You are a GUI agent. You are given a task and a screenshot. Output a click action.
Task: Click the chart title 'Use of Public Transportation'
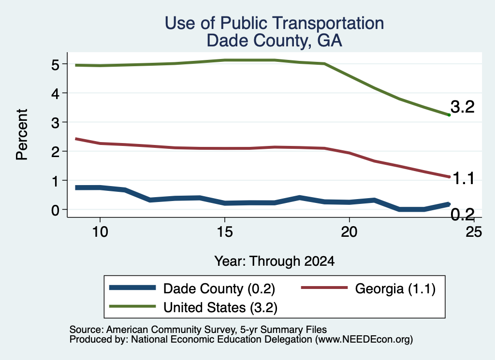tap(275, 23)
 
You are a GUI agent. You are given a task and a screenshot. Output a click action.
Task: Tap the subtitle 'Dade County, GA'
tap(275, 41)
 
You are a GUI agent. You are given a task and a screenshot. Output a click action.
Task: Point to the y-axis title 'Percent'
tap(22, 135)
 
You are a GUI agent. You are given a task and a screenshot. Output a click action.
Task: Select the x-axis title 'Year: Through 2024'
tap(275, 261)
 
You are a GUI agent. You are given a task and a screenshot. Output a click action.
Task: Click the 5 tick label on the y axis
tap(56, 65)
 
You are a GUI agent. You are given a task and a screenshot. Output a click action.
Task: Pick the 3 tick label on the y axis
tap(56, 123)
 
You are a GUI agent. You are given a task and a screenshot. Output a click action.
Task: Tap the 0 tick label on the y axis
tap(56, 210)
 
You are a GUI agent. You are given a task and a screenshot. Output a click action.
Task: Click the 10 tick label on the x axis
tap(100, 232)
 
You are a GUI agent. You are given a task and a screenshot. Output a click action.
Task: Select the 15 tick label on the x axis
tap(225, 232)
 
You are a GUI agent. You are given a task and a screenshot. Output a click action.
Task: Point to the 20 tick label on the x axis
tap(349, 232)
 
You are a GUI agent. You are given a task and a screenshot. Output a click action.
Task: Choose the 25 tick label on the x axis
tap(474, 232)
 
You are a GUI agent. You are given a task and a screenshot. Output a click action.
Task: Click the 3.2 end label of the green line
tap(463, 107)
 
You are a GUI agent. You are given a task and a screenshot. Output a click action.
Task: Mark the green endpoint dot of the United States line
tap(449, 115)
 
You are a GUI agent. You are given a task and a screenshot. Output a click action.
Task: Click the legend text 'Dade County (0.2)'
tap(219, 289)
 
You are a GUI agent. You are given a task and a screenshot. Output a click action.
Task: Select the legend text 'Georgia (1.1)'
tap(395, 289)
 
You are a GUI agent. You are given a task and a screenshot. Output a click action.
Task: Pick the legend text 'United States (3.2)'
tap(220, 308)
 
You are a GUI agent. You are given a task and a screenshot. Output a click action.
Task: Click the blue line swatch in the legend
tap(132, 288)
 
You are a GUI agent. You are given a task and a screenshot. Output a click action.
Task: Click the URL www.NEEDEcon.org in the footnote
tap(364, 340)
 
